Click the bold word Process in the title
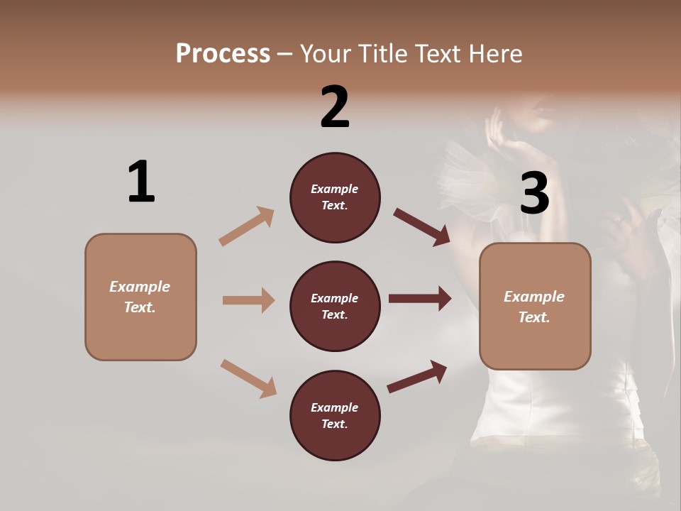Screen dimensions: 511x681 pos(223,54)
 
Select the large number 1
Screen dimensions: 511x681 pos(141,182)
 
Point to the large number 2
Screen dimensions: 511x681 pos(335,106)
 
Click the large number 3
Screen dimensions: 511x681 pos(534,193)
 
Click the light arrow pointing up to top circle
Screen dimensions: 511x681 pos(247,226)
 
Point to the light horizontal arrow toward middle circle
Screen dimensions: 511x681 pos(248,300)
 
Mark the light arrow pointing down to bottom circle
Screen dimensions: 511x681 pos(248,378)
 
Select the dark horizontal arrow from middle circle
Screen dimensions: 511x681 pos(420,299)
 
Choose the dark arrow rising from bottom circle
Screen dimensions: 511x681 pos(417,377)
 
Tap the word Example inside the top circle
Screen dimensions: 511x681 pos(335,189)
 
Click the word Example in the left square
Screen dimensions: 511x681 pos(140,287)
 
